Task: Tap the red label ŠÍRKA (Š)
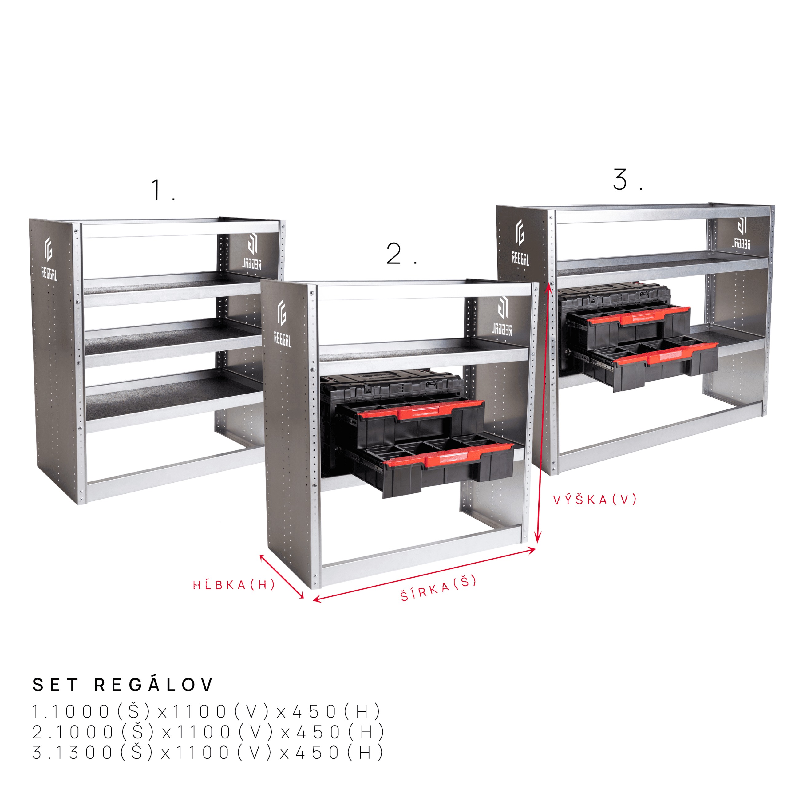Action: point(438,588)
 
